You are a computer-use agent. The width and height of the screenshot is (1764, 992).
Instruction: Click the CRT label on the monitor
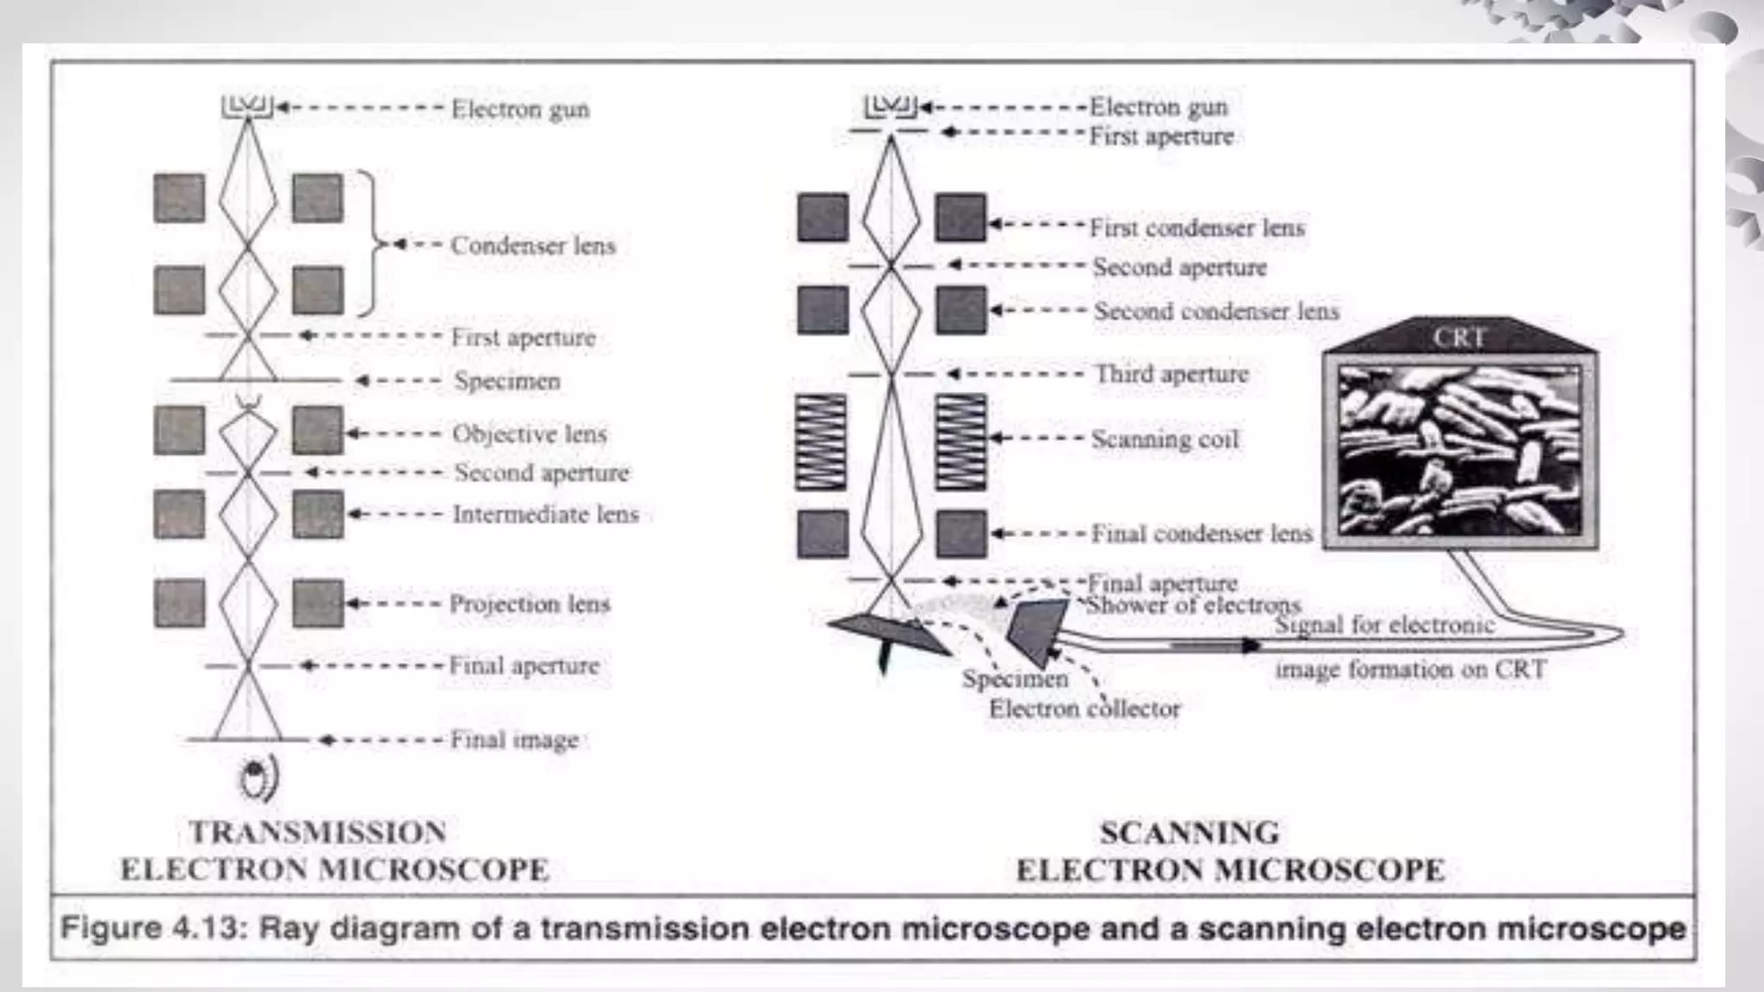(x=1459, y=338)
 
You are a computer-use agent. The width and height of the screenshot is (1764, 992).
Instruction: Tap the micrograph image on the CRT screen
(x=1459, y=449)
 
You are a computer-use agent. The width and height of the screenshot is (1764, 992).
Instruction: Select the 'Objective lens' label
(x=529, y=434)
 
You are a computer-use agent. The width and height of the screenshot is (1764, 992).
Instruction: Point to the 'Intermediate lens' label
(x=545, y=514)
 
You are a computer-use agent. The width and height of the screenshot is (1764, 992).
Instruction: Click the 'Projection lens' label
(x=529, y=604)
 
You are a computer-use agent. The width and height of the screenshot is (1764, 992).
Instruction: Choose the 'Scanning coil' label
(x=1165, y=439)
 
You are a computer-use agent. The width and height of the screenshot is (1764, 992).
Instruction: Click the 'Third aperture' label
(x=1171, y=374)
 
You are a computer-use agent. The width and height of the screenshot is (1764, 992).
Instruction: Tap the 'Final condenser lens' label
(x=1202, y=534)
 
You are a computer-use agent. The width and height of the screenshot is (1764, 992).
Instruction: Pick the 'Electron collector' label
(x=1084, y=709)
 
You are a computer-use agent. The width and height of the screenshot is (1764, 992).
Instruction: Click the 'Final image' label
(x=514, y=740)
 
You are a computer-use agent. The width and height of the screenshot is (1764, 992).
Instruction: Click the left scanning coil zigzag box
(x=820, y=442)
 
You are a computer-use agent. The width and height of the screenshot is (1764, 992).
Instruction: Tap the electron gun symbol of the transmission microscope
(x=248, y=107)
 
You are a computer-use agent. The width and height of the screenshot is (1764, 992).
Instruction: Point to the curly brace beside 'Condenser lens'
(x=371, y=245)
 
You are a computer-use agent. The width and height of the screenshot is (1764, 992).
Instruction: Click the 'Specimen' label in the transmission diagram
(x=507, y=381)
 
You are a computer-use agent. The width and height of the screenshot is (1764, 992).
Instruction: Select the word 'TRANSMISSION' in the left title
(x=318, y=833)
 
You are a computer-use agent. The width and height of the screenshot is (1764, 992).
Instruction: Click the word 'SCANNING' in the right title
(x=1189, y=833)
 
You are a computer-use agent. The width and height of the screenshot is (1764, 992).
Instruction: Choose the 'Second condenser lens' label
(x=1216, y=311)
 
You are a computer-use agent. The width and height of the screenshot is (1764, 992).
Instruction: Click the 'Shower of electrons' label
(x=1194, y=605)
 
